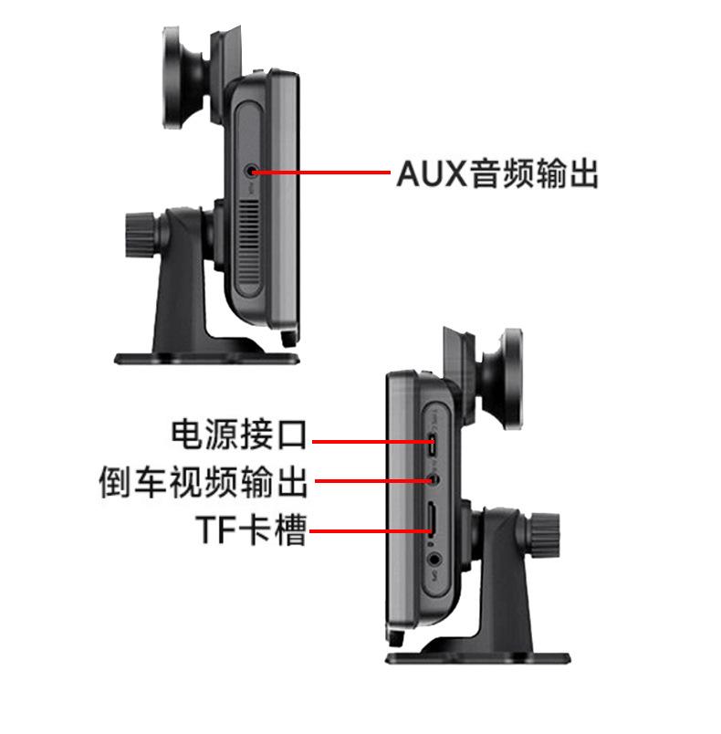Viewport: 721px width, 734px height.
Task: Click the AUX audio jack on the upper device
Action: click(x=253, y=171)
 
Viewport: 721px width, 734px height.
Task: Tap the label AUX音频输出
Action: click(x=497, y=173)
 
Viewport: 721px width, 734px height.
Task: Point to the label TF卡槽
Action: click(x=249, y=530)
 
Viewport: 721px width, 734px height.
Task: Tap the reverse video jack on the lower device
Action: click(x=434, y=477)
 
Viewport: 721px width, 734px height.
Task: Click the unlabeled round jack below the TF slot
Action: click(x=435, y=554)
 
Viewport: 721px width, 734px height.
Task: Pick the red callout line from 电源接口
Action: click(x=365, y=441)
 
